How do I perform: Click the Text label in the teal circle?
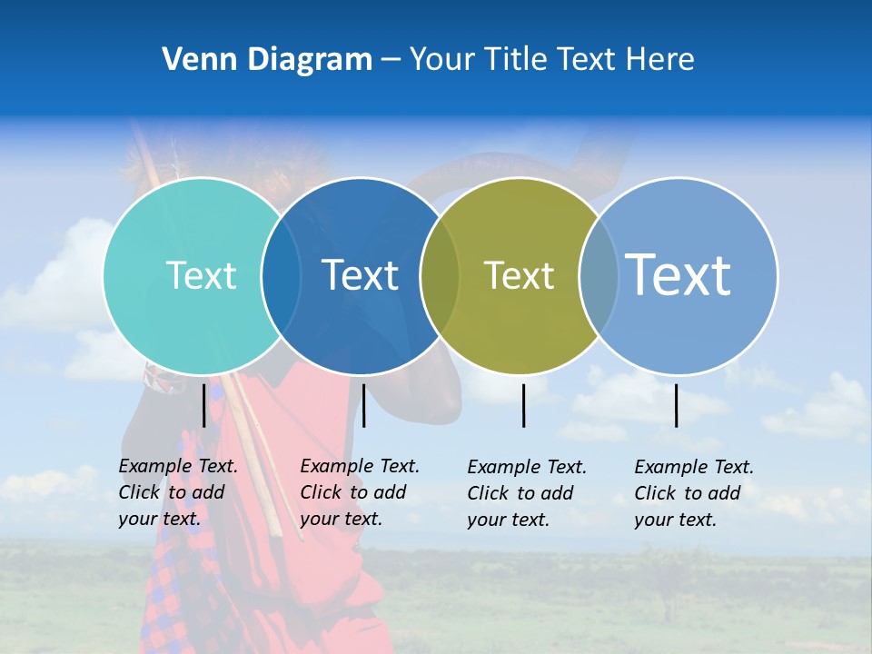coord(201,275)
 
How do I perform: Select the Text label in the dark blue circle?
coord(360,275)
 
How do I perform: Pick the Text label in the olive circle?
coord(519,275)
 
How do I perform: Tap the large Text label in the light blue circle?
coord(678,275)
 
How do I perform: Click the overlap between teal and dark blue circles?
coord(281,275)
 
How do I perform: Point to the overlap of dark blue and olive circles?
coord(440,275)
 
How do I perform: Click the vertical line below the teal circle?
coord(204,404)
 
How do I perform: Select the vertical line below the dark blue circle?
coord(363,404)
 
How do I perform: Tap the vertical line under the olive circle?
coord(523,404)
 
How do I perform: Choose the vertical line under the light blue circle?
coord(676,404)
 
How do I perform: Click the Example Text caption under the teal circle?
coord(177,492)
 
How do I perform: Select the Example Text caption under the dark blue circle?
coord(359,492)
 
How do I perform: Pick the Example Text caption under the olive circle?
coord(526,493)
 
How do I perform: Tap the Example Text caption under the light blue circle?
coord(693,493)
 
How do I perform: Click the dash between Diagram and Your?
coord(391,60)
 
